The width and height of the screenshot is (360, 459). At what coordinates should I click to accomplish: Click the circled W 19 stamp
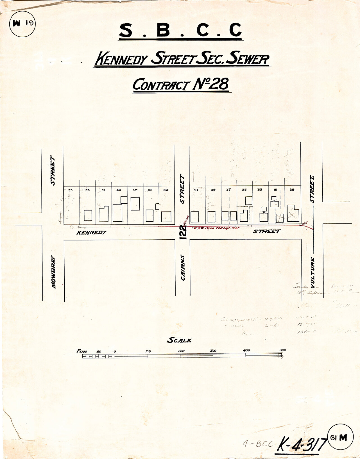pos(22,23)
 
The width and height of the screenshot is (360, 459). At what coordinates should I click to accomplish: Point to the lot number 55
pos(71,190)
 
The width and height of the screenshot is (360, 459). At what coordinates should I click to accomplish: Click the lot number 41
pos(196,190)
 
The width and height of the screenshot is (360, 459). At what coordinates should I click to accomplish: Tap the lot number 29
pos(292,190)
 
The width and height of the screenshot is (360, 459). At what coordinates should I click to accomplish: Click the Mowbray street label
pos(54,272)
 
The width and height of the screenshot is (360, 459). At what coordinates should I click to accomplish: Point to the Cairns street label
pos(183,267)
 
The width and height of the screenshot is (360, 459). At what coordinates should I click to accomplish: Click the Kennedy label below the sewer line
pos(92,233)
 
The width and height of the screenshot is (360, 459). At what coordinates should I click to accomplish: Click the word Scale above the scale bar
pos(179,340)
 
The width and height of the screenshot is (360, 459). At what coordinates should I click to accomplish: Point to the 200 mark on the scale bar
pos(181,351)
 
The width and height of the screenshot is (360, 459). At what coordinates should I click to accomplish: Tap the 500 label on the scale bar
pos(282,350)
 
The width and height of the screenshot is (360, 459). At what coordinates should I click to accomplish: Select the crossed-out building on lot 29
pos(293,215)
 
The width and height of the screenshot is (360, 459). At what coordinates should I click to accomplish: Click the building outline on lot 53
pos(88,215)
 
